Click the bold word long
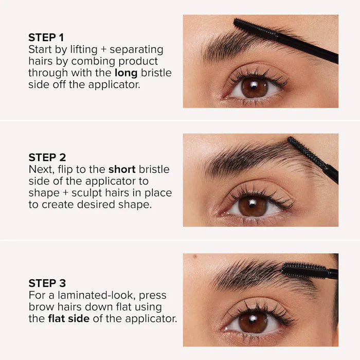click(x=125, y=73)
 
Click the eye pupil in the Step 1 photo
click(x=254, y=87)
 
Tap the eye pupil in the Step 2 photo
click(x=253, y=206)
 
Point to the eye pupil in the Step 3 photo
click(x=253, y=322)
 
